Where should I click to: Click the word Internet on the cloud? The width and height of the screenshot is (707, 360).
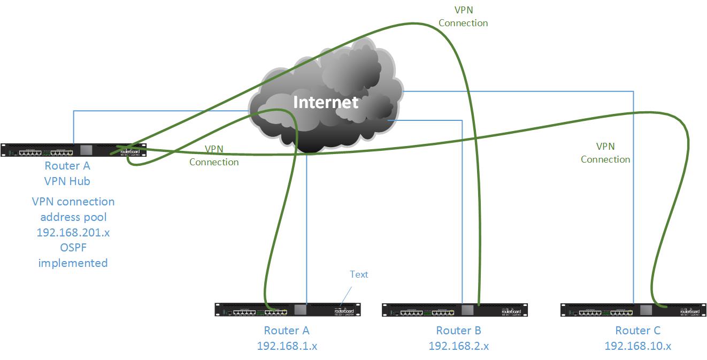point(326,102)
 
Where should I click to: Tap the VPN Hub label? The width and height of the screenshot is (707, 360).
point(67,181)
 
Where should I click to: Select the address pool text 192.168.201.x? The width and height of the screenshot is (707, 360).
point(73,233)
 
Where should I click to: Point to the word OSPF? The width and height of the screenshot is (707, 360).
point(73,248)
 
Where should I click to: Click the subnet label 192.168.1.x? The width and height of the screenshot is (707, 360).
point(287,346)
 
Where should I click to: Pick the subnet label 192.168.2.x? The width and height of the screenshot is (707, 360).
point(458,346)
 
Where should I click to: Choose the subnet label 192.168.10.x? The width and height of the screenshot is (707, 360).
point(637,346)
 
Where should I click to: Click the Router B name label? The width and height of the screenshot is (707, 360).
point(458,331)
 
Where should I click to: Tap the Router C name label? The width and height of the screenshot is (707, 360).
point(637,331)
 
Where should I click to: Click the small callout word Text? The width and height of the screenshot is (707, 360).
point(359,274)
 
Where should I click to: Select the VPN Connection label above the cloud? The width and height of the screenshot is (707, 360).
point(463,17)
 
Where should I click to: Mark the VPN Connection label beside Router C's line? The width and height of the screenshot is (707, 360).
point(605,153)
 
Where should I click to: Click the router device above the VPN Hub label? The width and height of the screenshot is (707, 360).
point(73,150)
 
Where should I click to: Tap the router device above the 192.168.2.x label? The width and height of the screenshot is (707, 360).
point(455,310)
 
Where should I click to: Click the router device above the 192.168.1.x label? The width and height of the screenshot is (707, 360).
point(288,310)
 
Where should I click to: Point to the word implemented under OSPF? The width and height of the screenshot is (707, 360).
point(73,263)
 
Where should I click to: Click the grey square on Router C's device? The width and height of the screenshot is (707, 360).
point(647,310)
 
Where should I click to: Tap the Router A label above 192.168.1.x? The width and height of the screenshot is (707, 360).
point(287,331)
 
